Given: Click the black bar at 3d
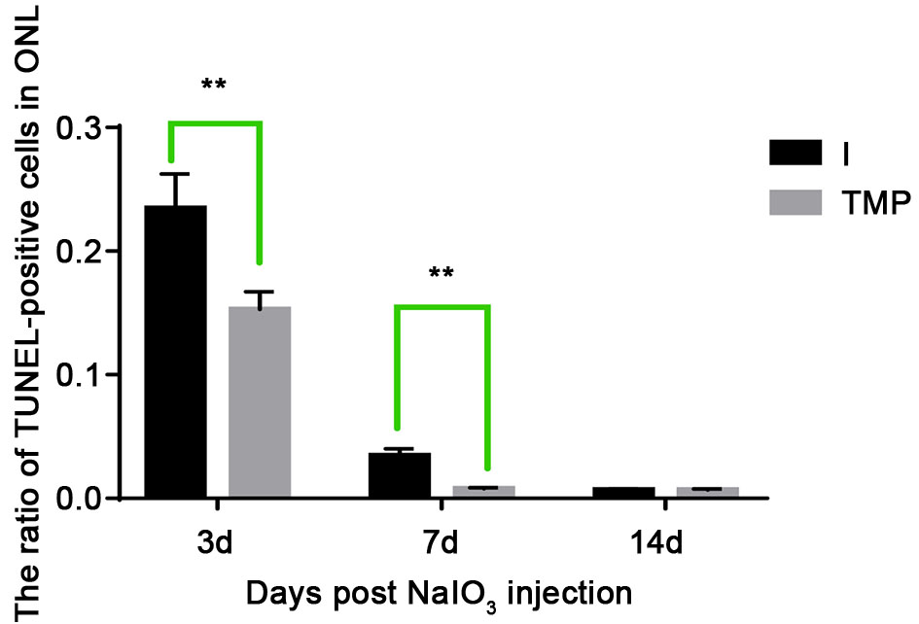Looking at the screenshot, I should tap(175, 352).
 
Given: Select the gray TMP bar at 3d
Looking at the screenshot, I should tap(260, 402).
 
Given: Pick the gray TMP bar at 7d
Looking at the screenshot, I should tap(483, 492).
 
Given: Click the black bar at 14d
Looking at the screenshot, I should tap(622, 493).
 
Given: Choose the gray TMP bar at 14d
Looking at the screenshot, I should tap(707, 493).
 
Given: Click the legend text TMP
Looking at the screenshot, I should tap(875, 202).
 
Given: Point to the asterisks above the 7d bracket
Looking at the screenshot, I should tap(442, 273).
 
